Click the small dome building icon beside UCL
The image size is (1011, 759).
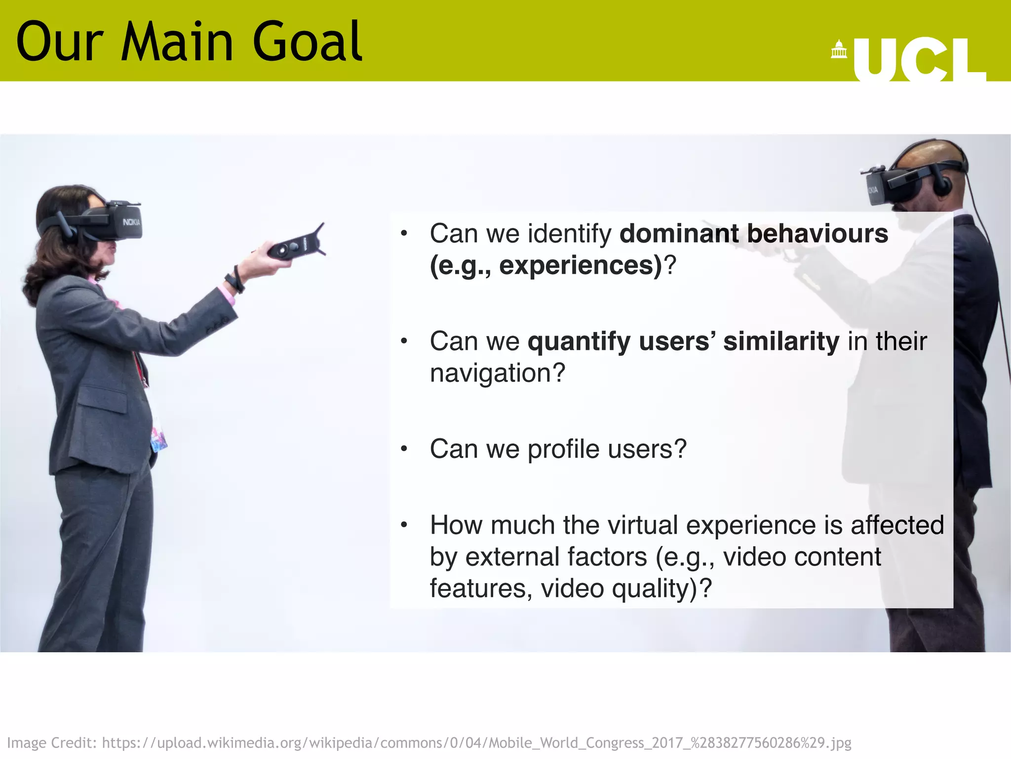838,50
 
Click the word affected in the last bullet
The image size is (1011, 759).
897,525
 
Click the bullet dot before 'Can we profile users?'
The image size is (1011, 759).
404,449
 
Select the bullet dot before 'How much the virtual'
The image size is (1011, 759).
404,525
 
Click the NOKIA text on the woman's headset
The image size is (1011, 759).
132,222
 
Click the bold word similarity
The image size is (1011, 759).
781,341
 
